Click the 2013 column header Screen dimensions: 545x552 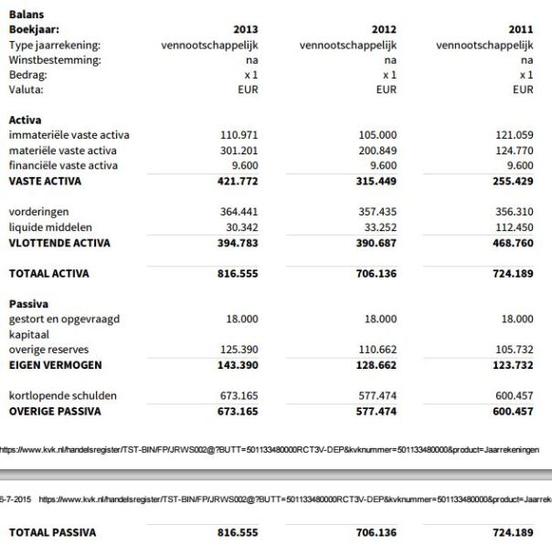(246, 29)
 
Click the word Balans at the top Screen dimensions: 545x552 (27, 14)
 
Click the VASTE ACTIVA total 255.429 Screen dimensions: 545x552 (513, 182)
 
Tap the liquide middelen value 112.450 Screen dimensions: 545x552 (514, 227)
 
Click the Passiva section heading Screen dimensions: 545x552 (29, 303)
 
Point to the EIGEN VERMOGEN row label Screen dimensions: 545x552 (55, 365)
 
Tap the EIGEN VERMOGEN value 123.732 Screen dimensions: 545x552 (513, 365)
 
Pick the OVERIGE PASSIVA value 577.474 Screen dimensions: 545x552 (377, 412)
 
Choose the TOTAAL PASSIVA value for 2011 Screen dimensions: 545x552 (513, 532)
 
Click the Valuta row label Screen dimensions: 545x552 (27, 90)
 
